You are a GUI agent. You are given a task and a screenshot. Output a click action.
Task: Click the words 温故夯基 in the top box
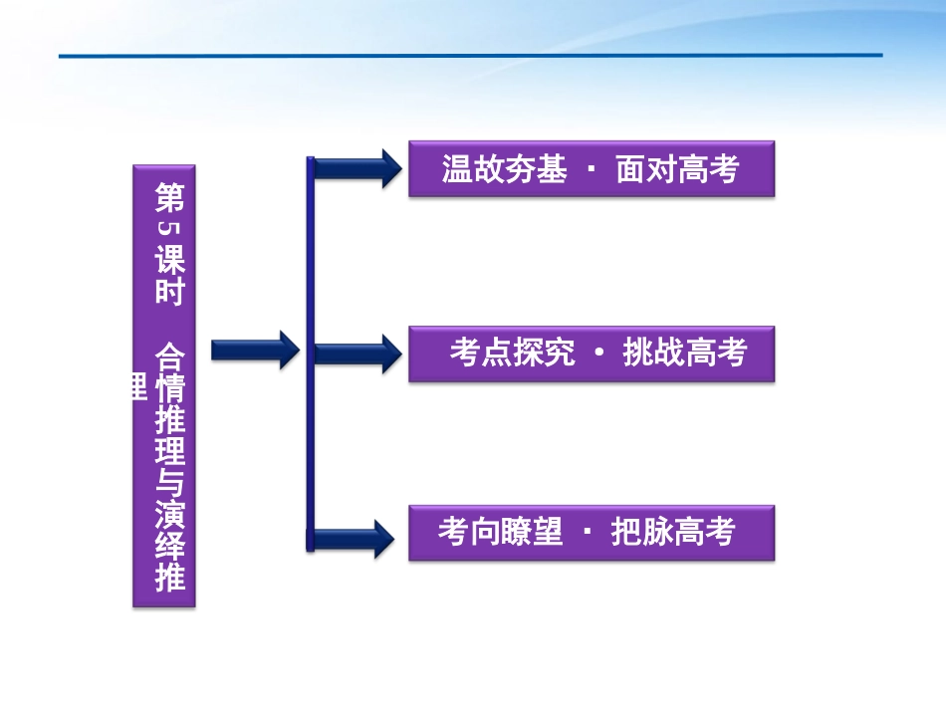[504, 169]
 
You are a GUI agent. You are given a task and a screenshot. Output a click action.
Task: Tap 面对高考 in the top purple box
[677, 169]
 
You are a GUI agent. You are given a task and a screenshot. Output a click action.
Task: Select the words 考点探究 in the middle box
[512, 353]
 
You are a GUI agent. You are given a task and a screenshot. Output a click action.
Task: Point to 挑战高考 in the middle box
[684, 353]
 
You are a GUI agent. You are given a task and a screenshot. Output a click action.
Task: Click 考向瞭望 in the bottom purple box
[500, 533]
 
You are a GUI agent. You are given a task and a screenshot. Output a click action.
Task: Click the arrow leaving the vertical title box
[254, 350]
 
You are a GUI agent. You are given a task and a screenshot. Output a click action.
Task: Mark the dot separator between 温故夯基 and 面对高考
[591, 168]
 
